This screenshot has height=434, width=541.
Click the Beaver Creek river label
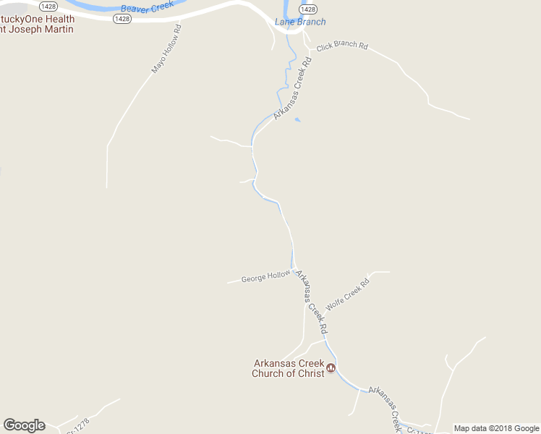[x=148, y=8]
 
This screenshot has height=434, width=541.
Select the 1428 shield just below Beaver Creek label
[x=122, y=20]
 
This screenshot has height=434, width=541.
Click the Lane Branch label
[x=300, y=22]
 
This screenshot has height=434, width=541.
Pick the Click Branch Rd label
[x=342, y=45]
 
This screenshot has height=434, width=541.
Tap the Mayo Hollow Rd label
[x=166, y=49]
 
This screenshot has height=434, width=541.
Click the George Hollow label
[x=265, y=276]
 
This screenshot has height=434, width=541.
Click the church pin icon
[x=331, y=368]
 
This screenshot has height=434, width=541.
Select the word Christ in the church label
[x=307, y=373]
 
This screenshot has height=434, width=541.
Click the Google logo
[x=24, y=425]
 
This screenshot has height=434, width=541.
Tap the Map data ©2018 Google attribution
[x=496, y=428]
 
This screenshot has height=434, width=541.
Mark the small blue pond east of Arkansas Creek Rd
[x=297, y=119]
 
